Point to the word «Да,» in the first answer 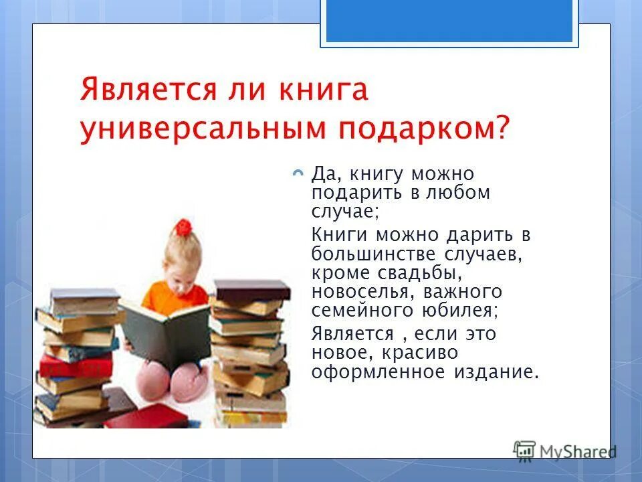[324, 174]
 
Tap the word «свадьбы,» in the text [414, 274]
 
